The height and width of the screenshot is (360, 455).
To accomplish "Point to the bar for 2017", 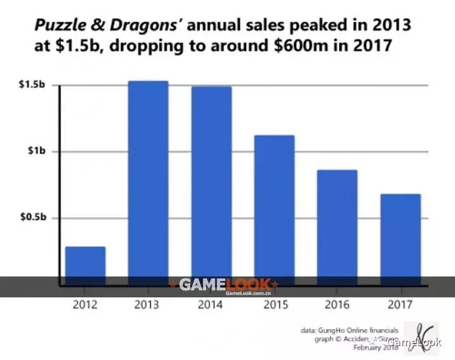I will (401, 238).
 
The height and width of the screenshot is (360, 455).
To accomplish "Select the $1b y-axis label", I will (35, 151).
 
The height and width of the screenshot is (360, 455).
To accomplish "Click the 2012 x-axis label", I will (85, 305).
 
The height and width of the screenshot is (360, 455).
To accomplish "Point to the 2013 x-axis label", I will (148, 305).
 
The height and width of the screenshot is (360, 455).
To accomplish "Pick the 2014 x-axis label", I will (211, 305).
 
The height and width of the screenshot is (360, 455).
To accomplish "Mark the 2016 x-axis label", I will (337, 305).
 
